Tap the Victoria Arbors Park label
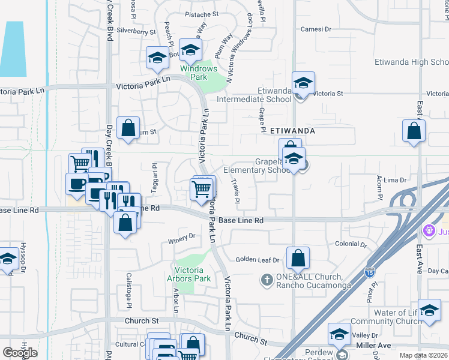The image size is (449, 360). coord(192,274)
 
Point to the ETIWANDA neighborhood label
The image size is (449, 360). coord(293,130)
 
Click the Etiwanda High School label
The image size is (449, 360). coord(420,62)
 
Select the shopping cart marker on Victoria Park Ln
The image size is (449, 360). coord(202,189)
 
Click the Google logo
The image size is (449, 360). coord(20,352)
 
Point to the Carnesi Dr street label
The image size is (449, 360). coord(316,29)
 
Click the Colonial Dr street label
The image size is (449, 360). coord(351,244)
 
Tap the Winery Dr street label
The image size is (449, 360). coord(184,236)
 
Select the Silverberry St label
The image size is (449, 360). coord(136,30)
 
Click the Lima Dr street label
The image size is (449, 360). coord(395,180)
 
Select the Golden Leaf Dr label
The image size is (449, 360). coord(258,260)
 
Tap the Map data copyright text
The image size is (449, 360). coord(424,355)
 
